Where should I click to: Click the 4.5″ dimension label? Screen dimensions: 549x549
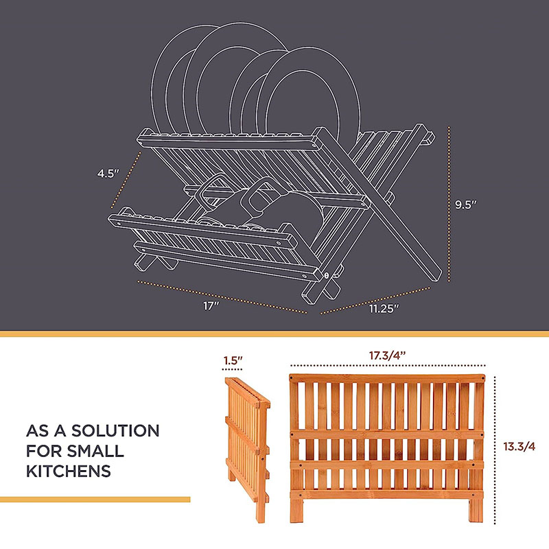click(x=108, y=174)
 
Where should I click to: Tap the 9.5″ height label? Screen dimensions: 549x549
click(x=466, y=205)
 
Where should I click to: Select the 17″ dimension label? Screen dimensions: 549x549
click(x=211, y=306)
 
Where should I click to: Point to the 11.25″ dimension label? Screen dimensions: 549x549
click(x=384, y=308)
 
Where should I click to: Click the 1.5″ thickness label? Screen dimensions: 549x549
click(x=233, y=360)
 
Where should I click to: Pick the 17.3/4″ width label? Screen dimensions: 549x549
click(x=387, y=355)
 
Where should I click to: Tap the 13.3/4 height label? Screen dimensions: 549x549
click(x=519, y=447)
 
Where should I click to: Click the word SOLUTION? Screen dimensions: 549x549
click(x=115, y=431)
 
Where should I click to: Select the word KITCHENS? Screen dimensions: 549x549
click(x=69, y=471)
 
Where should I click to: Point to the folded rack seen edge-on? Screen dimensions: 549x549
click(x=247, y=449)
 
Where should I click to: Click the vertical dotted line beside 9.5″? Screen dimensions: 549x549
click(x=449, y=204)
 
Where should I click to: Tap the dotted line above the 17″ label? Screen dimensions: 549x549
click(x=222, y=296)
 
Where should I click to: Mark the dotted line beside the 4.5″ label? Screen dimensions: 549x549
click(x=126, y=180)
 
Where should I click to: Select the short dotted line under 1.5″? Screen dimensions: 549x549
click(x=232, y=369)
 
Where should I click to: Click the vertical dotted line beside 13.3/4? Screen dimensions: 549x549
click(x=494, y=450)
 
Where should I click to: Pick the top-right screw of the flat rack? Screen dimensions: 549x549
click(x=482, y=379)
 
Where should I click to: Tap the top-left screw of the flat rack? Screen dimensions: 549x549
click(x=292, y=378)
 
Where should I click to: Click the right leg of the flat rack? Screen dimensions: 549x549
click(x=476, y=509)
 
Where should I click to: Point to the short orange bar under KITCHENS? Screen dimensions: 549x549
click(x=95, y=500)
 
